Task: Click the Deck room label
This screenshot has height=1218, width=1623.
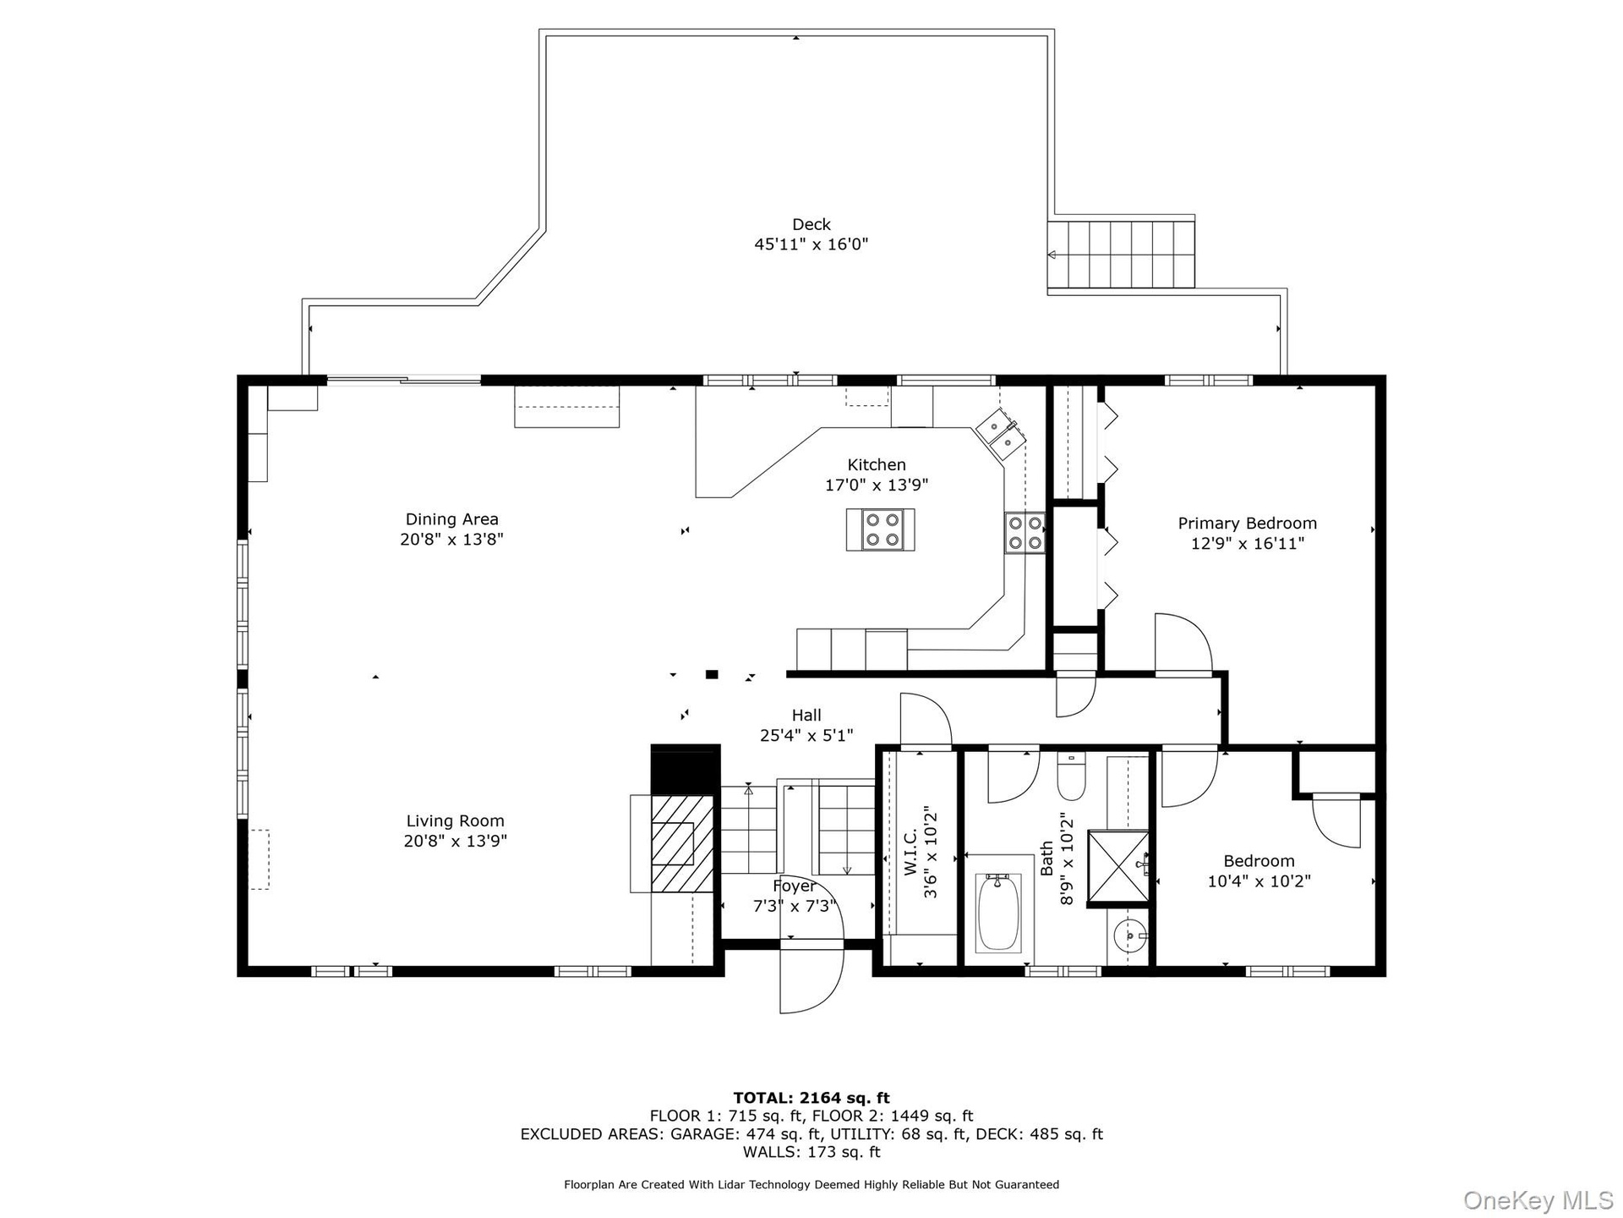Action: (811, 224)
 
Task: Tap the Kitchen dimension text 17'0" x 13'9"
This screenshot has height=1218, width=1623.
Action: (877, 485)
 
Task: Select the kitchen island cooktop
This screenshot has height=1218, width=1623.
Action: (881, 529)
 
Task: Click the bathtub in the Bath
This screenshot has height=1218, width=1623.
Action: (998, 913)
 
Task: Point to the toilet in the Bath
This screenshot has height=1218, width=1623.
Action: (1071, 779)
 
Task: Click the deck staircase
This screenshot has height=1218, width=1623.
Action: (1121, 254)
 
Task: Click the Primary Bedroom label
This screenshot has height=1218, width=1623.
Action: (1247, 524)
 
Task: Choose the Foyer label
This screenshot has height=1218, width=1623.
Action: (795, 886)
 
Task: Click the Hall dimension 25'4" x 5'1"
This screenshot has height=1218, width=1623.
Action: (806, 736)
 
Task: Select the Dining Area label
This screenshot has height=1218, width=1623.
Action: (452, 519)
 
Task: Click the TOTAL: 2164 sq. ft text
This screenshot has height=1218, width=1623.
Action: (811, 1099)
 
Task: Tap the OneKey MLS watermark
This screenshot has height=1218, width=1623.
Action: (1538, 1199)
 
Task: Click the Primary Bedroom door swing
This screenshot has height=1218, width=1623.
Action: (1183, 645)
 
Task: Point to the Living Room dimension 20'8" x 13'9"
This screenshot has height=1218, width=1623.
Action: (456, 841)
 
